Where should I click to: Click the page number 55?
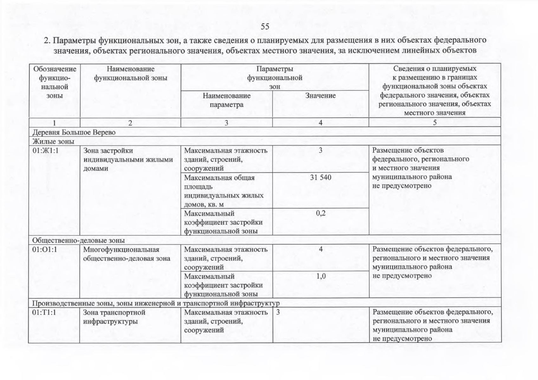point(265,27)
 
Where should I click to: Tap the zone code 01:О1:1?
point(45,250)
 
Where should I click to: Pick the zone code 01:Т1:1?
point(44,313)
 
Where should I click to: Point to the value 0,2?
point(321,213)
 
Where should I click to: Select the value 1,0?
point(321,276)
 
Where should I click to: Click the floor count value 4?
point(321,250)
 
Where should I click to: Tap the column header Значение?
point(320,96)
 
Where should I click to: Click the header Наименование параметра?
point(226,100)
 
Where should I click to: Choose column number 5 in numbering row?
point(435,123)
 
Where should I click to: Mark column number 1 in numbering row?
point(54,123)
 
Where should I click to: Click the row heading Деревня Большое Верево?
point(74,132)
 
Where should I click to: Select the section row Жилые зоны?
point(53,141)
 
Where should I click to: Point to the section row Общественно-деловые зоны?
point(78,240)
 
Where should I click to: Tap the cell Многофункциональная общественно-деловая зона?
point(126,254)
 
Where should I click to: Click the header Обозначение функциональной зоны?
point(55,82)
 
